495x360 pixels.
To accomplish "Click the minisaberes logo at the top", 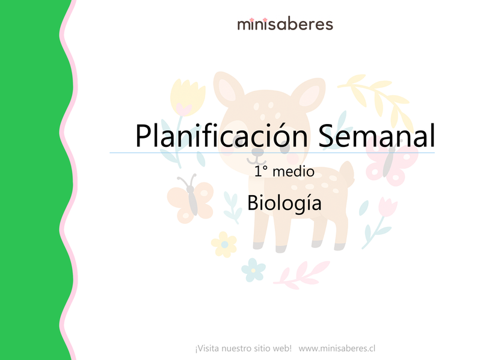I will tap(284, 24).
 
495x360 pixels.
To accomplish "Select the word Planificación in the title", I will tap(221, 136).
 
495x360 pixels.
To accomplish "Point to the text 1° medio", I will tap(284, 172).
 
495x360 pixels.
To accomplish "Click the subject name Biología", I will tap(284, 202).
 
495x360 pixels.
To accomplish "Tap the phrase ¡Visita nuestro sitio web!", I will tap(243, 348).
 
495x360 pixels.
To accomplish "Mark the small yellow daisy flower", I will tap(224, 244).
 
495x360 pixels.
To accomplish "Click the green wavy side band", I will tap(30, 181).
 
